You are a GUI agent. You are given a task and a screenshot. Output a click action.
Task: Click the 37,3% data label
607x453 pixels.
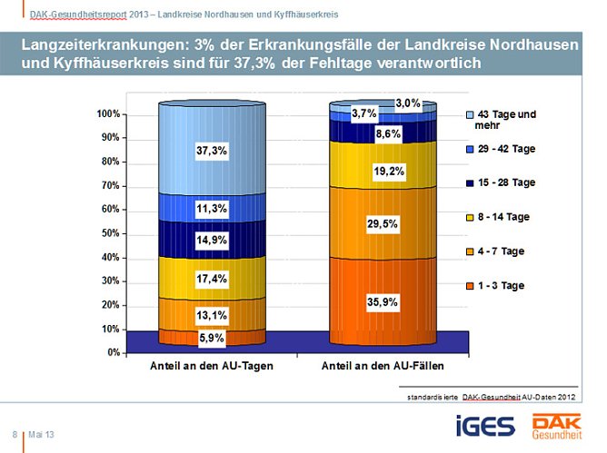[x=211, y=151]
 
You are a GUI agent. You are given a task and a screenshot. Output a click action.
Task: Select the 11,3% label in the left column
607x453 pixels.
[x=211, y=208]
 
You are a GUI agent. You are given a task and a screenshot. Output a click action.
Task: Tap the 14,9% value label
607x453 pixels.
[x=211, y=241]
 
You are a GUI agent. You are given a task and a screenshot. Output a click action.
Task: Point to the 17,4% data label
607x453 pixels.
[x=211, y=279]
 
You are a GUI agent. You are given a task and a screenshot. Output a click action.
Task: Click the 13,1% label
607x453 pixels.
[x=211, y=315]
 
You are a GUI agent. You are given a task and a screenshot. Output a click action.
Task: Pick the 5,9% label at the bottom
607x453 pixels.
[x=211, y=338]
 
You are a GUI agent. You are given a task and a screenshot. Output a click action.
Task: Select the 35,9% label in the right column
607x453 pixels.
[x=383, y=301]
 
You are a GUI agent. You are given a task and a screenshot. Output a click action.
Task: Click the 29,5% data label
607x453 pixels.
[x=383, y=223]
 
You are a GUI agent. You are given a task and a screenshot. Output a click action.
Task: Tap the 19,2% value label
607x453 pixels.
[x=388, y=171]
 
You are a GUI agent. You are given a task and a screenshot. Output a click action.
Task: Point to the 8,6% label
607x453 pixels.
[x=388, y=134]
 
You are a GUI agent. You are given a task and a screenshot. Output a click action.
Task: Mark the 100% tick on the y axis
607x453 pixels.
[x=109, y=114]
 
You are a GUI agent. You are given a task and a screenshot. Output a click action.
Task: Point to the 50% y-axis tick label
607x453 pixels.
[x=111, y=233]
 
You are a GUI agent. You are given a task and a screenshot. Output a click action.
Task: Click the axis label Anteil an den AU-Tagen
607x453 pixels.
[x=212, y=367]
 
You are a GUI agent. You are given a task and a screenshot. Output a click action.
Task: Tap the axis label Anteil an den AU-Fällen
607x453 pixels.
[x=383, y=367]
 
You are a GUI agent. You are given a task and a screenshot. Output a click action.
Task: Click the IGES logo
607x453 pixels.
[x=485, y=425]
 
